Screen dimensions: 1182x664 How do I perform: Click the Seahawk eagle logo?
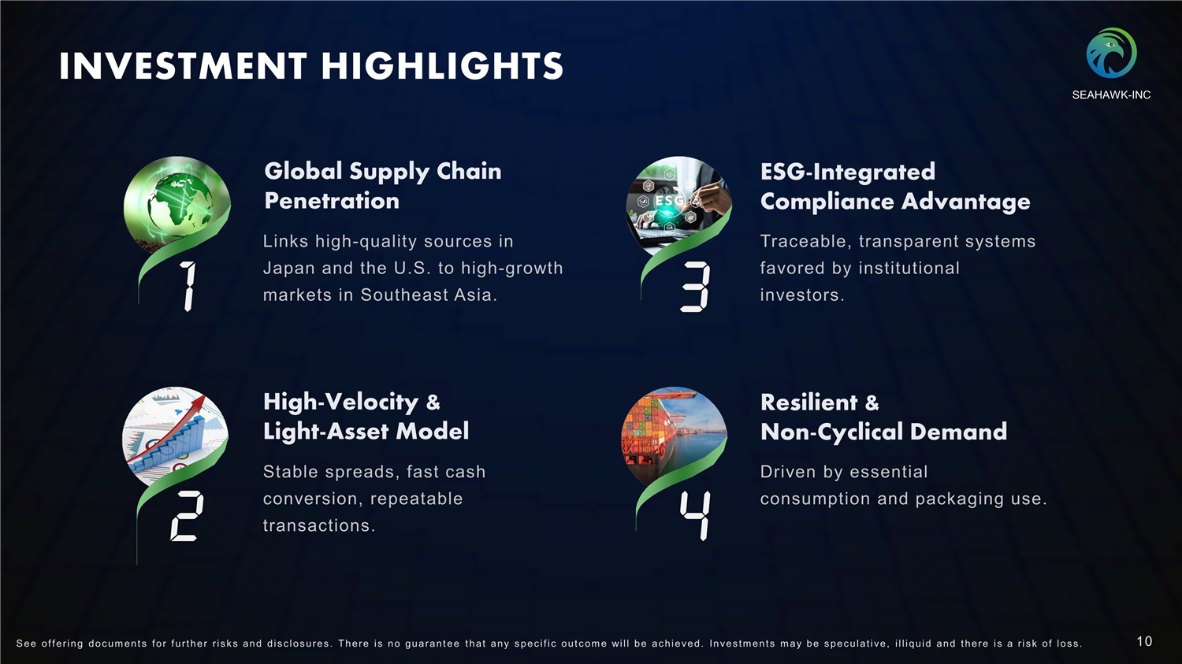(1111, 54)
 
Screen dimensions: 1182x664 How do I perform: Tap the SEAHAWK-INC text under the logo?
(1111, 95)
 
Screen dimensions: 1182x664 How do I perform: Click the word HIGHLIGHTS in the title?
(442, 66)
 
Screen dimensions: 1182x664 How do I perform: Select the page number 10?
(1144, 641)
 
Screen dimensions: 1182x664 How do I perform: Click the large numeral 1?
(188, 287)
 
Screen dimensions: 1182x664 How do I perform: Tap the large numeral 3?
(695, 287)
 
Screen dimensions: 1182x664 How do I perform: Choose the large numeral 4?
(695, 515)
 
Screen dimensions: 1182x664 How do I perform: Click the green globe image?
(177, 202)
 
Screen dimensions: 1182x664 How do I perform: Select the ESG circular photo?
(678, 203)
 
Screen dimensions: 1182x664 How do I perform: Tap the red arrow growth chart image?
(175, 436)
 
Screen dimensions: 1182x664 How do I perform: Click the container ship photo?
(675, 436)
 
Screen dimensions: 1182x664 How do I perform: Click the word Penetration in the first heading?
(332, 201)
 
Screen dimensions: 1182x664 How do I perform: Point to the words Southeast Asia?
(429, 295)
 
